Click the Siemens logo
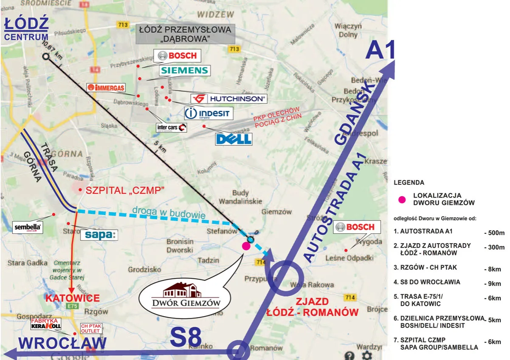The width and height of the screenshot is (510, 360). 184,71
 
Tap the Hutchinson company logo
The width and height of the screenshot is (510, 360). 229,99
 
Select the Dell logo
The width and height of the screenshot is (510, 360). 234,139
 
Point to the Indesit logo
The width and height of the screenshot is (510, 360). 209,113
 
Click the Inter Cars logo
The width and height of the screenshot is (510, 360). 172,127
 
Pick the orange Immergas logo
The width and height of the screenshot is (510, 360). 106,88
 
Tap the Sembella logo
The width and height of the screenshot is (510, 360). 28,227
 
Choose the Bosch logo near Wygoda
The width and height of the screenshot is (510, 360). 355,227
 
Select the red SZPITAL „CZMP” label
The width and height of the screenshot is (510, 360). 124,190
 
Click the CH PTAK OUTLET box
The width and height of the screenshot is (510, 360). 91,329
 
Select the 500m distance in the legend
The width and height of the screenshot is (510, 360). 494,233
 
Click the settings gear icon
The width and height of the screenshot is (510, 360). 366,355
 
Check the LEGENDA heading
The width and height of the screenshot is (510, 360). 409,183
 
